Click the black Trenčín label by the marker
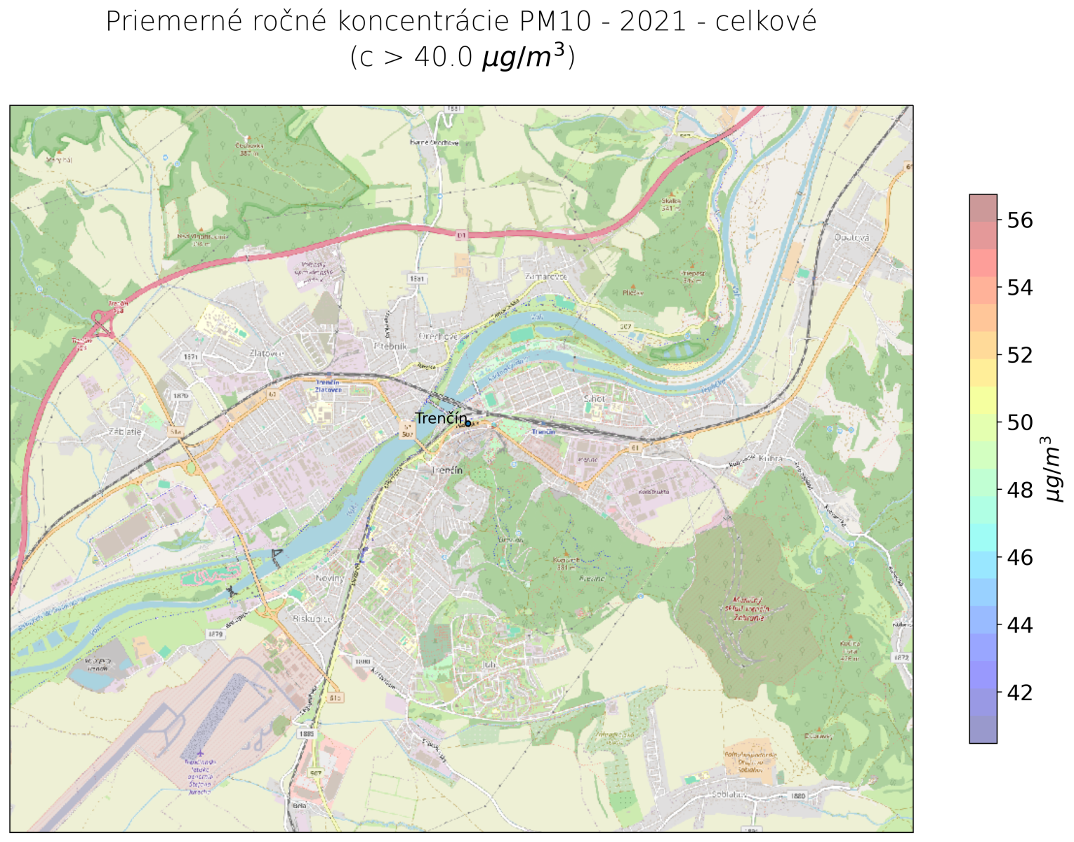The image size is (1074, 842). pyautogui.click(x=440, y=418)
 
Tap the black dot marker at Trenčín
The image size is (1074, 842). pyautogui.click(x=468, y=423)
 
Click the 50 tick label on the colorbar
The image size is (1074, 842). pyautogui.click(x=1020, y=422)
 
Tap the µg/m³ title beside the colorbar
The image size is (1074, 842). pyautogui.click(x=1053, y=468)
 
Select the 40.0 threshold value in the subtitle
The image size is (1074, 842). pyautogui.click(x=443, y=58)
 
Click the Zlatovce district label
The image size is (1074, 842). pyautogui.click(x=266, y=353)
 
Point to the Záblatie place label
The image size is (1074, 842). pyautogui.click(x=125, y=432)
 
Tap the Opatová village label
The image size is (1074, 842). pyautogui.click(x=851, y=238)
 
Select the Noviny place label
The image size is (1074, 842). pyautogui.click(x=329, y=578)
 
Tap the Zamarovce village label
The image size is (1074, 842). pyautogui.click(x=545, y=276)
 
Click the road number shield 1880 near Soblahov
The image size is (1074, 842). pyautogui.click(x=797, y=796)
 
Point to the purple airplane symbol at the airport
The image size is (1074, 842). pyautogui.click(x=200, y=754)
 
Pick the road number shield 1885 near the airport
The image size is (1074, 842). pyautogui.click(x=306, y=734)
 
